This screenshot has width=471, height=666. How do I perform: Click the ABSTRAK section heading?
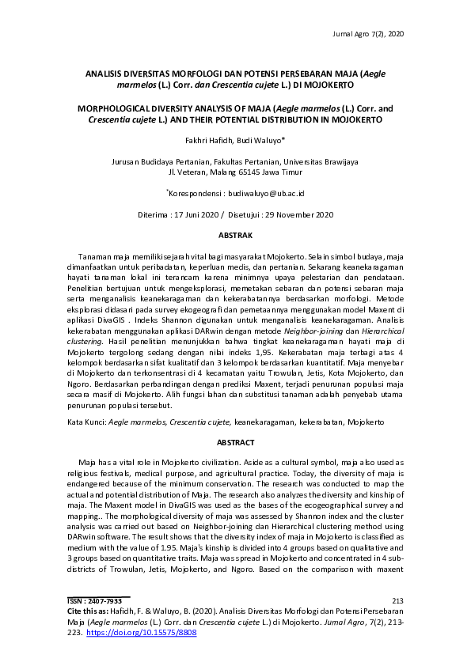coord(235,236)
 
